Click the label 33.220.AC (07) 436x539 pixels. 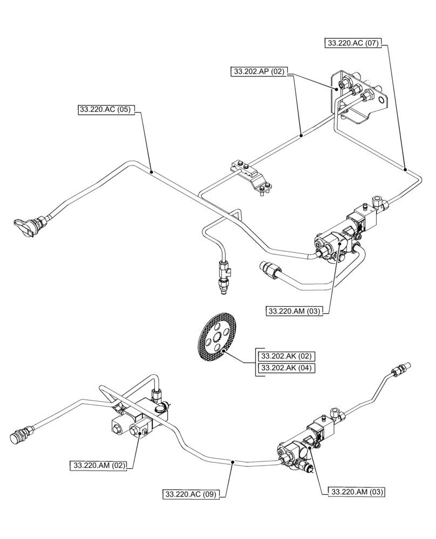[353, 44]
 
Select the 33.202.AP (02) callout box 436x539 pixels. [260, 71]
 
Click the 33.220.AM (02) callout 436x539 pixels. [98, 465]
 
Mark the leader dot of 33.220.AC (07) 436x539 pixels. [405, 169]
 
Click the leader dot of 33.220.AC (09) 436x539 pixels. [233, 462]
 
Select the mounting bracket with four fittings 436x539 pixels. [358, 97]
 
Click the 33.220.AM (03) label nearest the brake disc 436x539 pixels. [295, 311]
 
